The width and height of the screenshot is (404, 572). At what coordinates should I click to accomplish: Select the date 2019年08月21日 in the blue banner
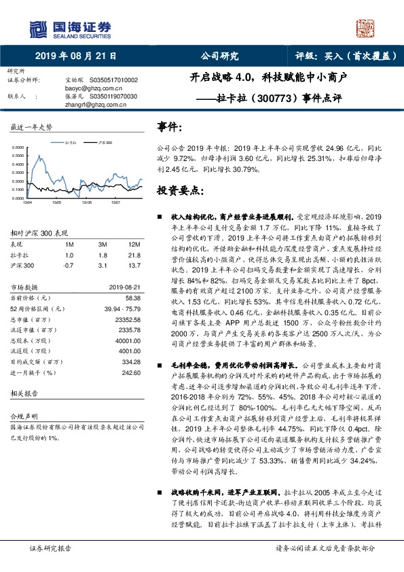coord(75,57)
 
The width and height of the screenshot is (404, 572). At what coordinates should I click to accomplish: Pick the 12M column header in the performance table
coord(134,245)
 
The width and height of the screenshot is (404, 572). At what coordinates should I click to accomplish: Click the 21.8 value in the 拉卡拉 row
coord(134,255)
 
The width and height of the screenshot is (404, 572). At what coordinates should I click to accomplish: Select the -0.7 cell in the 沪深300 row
coord(69,265)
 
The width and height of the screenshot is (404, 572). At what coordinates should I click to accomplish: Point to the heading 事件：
coord(170,126)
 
